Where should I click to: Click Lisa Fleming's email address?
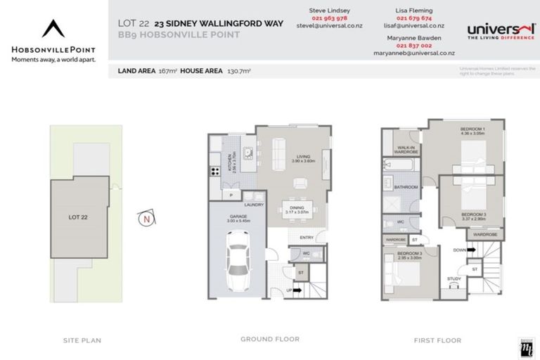(414, 25)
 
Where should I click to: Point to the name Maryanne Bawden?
(414, 38)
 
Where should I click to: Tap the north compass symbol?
(146, 219)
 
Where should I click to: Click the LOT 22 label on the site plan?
(77, 216)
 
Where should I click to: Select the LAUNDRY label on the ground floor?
(254, 205)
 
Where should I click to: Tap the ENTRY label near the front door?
(307, 238)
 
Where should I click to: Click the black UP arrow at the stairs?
(297, 289)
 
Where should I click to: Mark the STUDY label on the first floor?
(454, 279)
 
